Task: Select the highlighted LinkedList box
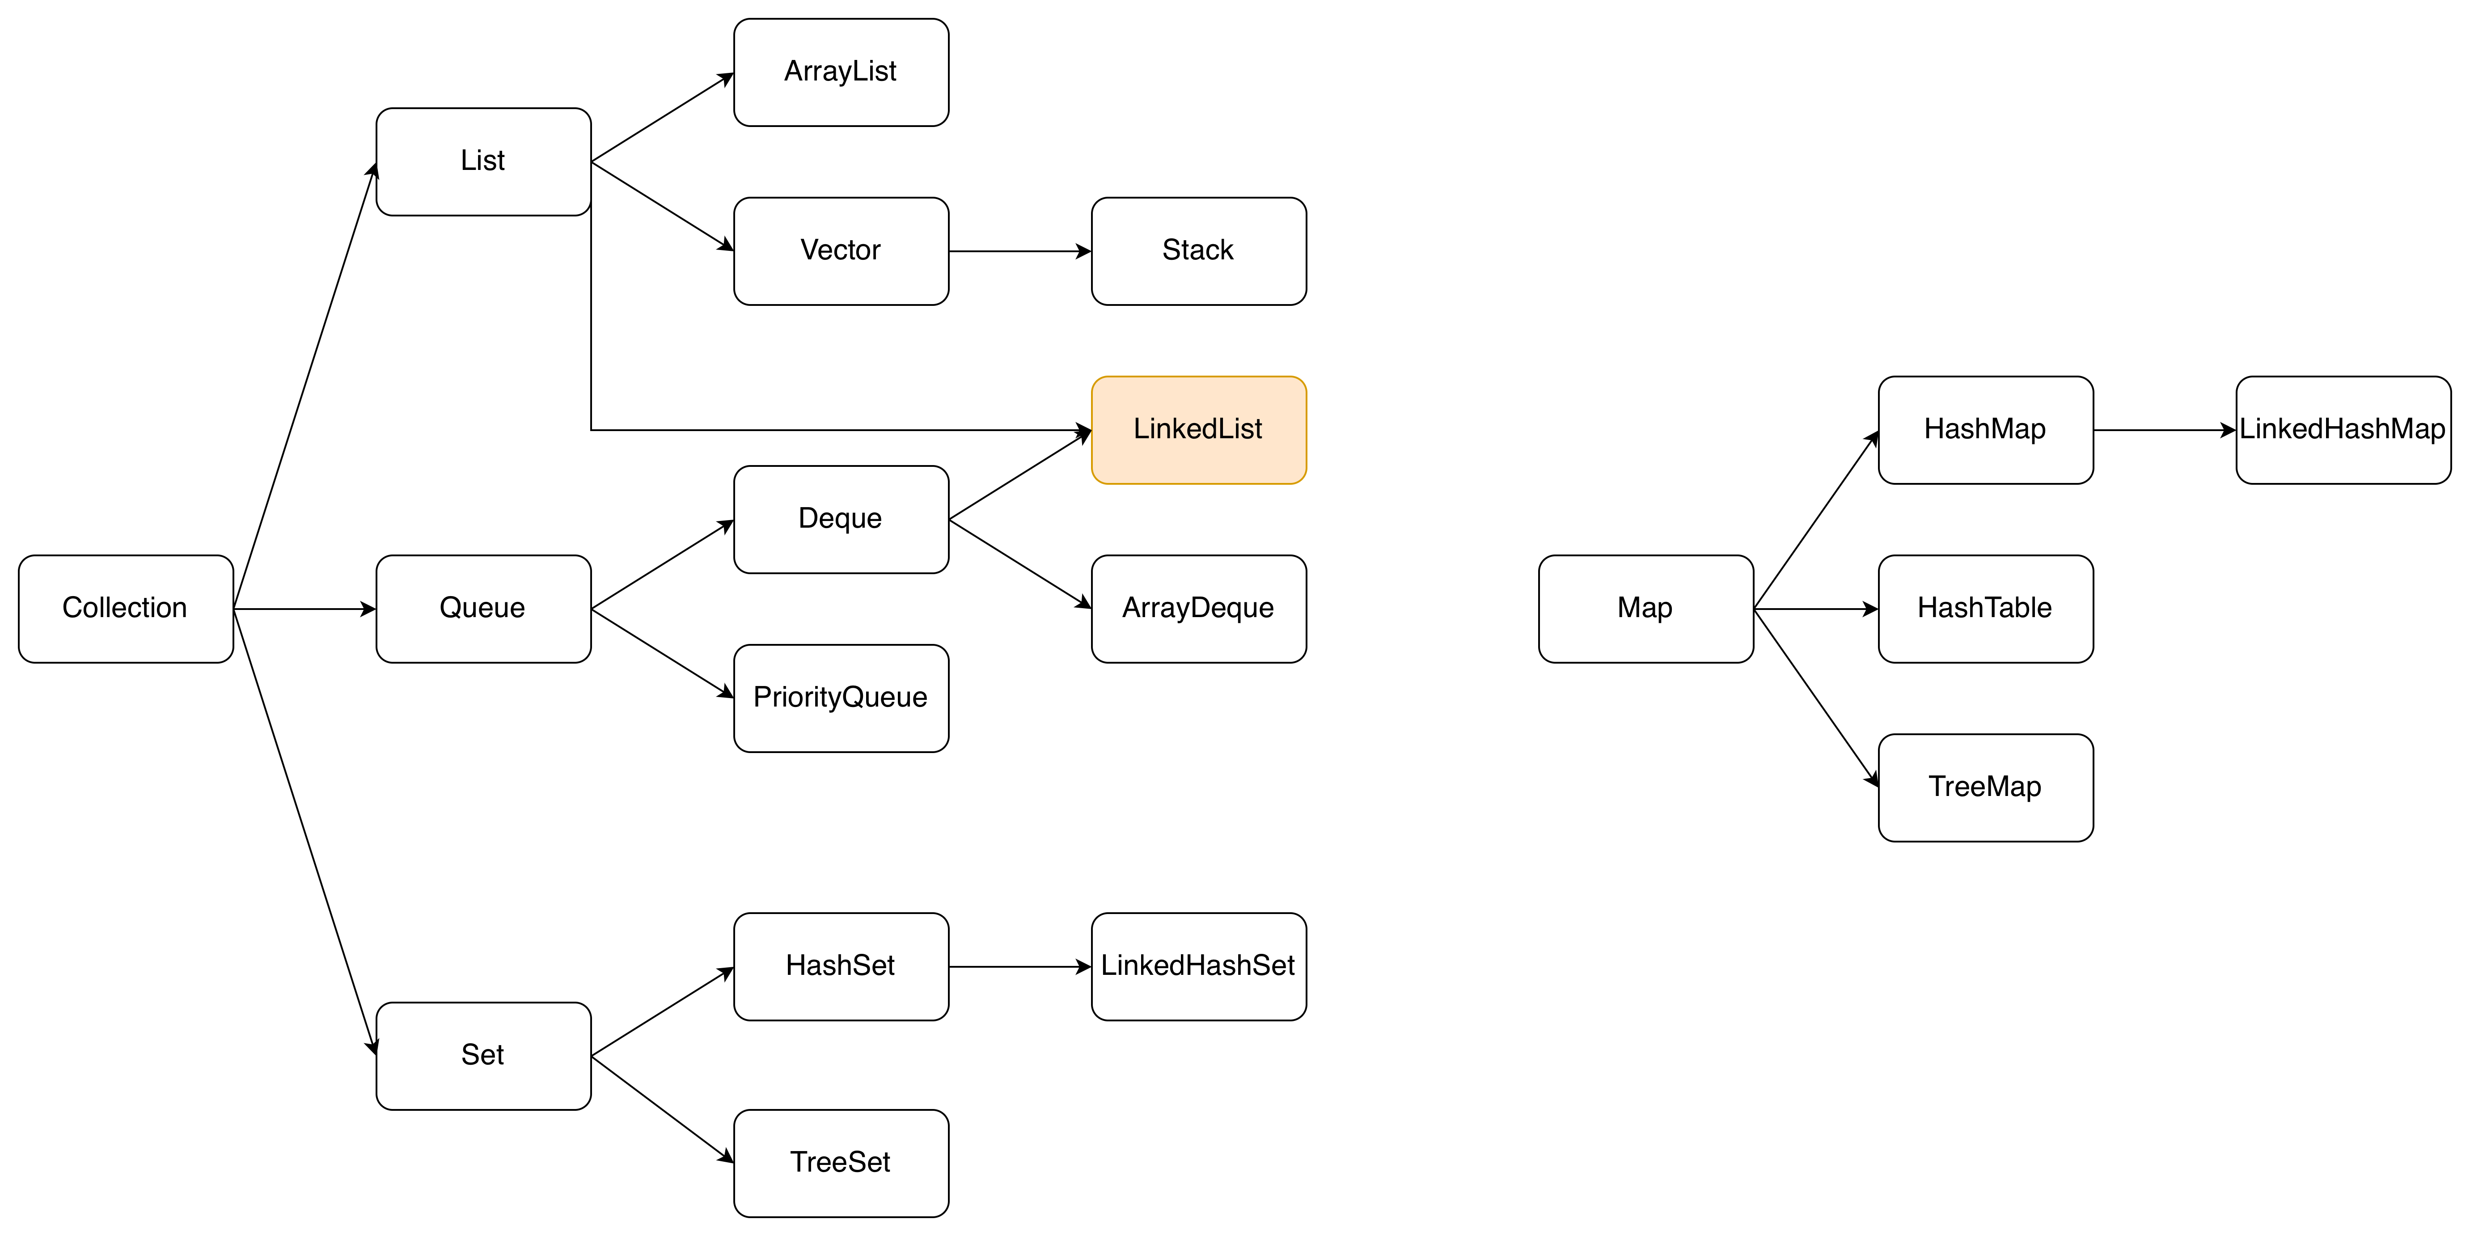point(1199,430)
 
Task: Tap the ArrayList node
point(841,72)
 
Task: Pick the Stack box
point(1199,251)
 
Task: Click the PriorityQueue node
point(841,698)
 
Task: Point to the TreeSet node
point(841,1163)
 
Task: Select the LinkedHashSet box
point(1199,966)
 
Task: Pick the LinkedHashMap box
point(2343,430)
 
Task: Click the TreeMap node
point(1986,787)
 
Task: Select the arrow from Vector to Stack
point(1020,251)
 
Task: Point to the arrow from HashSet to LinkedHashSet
point(1020,966)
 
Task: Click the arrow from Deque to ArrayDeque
point(1020,564)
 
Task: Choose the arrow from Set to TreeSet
point(663,1109)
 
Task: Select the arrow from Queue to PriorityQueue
point(663,653)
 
